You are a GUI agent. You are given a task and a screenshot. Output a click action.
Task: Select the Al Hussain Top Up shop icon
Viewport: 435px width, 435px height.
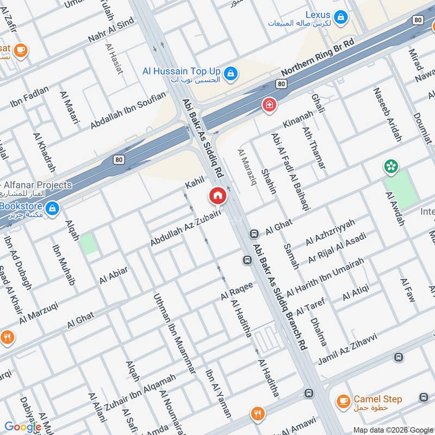click(231, 73)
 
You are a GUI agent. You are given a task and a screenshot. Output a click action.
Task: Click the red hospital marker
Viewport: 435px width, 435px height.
click(268, 105)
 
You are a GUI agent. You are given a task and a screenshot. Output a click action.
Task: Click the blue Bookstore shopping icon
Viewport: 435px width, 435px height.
click(52, 208)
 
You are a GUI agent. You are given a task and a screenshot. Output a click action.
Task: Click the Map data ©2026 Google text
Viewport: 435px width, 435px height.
click(391, 429)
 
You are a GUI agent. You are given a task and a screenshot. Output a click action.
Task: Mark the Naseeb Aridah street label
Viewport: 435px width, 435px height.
click(387, 115)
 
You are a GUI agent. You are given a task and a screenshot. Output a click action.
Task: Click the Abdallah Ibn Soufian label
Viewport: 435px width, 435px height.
click(128, 111)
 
